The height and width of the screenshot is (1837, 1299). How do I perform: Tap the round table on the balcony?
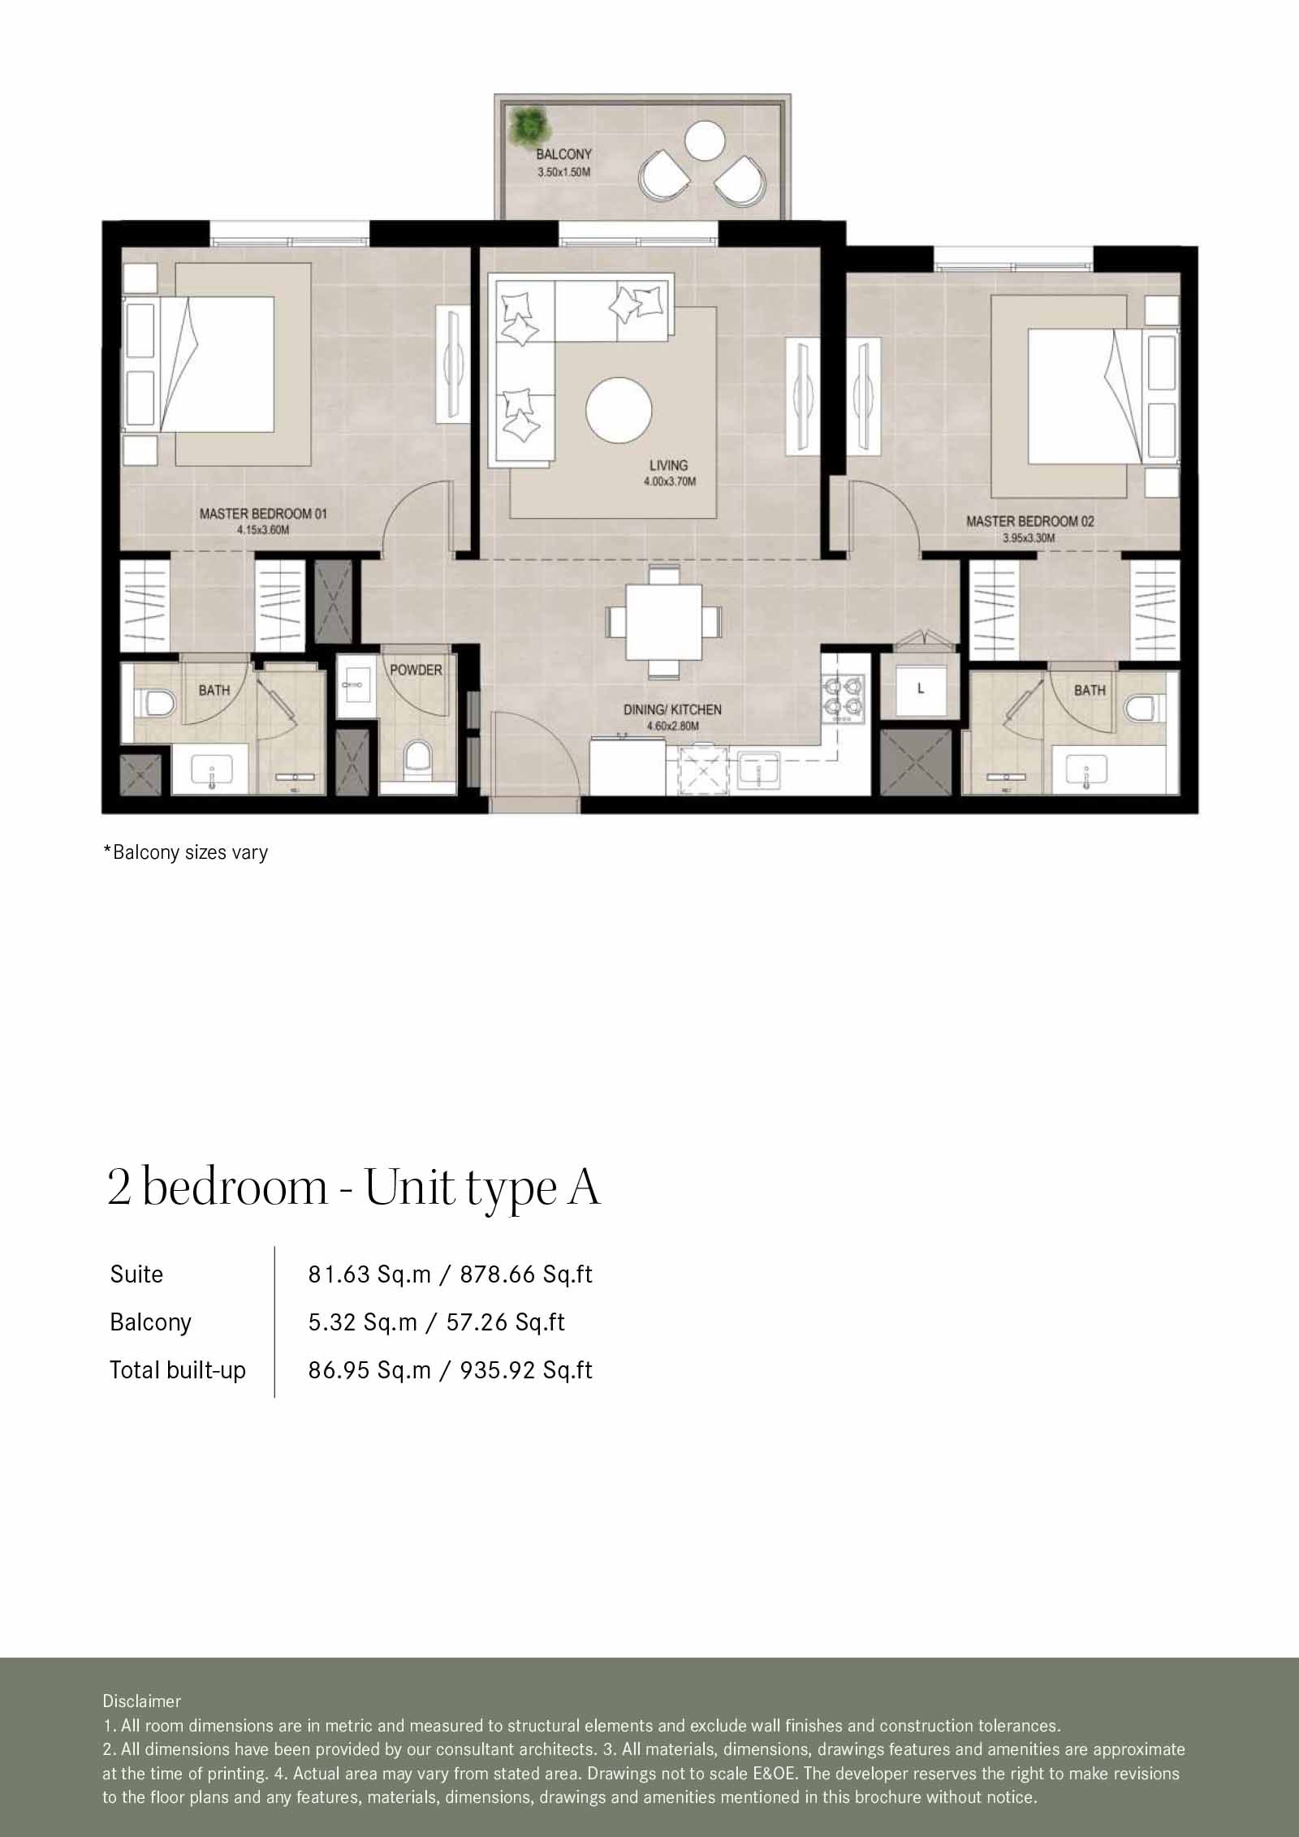[x=704, y=141]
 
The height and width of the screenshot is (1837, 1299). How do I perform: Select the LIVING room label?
[x=668, y=465]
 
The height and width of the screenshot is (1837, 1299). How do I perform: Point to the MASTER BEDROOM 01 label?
[x=263, y=514]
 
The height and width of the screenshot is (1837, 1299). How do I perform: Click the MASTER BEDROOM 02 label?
[x=1029, y=521]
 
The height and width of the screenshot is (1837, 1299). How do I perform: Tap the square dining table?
[x=662, y=621]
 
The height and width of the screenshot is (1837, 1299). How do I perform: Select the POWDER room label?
[x=416, y=670]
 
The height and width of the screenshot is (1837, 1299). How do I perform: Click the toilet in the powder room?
[x=417, y=760]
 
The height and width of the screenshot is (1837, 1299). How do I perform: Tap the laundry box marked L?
[x=920, y=688]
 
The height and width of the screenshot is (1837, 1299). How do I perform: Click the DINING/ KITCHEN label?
[x=671, y=709]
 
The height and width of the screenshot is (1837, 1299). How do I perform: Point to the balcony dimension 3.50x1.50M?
[x=563, y=172]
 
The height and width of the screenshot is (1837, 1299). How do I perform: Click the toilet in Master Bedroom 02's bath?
[x=1140, y=707]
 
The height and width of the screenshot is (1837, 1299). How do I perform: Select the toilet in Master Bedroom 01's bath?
[x=157, y=703]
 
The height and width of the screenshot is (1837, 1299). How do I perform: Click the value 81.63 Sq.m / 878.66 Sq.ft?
[x=450, y=1274]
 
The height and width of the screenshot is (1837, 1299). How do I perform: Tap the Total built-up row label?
[x=178, y=1370]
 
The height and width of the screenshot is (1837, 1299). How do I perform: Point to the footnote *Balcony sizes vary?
[x=185, y=852]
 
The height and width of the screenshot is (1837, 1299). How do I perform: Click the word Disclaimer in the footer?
[x=141, y=1701]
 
